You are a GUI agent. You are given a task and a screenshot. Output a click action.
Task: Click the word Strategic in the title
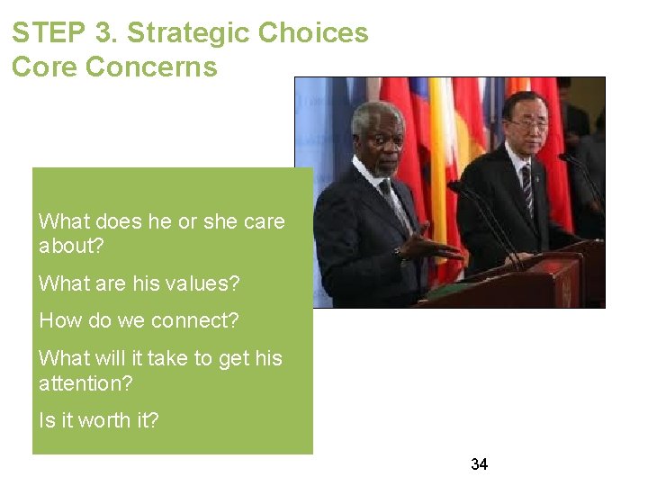(188, 33)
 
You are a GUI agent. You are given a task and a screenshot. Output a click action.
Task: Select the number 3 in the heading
(107, 33)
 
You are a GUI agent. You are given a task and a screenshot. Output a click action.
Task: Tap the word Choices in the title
(313, 33)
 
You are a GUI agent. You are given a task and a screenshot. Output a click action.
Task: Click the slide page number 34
(479, 464)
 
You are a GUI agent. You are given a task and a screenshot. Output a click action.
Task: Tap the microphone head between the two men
(454, 188)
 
